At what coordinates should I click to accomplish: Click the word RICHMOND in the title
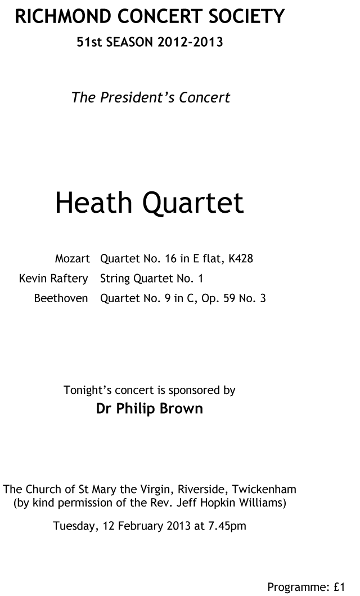(x=63, y=17)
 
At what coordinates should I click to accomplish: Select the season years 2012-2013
(x=190, y=42)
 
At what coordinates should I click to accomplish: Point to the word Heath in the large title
(x=94, y=202)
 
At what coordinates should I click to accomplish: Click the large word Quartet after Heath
(x=193, y=203)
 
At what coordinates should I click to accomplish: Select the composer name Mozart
(x=73, y=258)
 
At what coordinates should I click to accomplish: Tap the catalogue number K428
(x=240, y=258)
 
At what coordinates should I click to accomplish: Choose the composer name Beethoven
(x=61, y=298)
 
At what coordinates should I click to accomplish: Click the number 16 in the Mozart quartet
(x=170, y=258)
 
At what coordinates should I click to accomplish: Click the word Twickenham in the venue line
(x=264, y=489)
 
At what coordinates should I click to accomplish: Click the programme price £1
(x=339, y=587)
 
